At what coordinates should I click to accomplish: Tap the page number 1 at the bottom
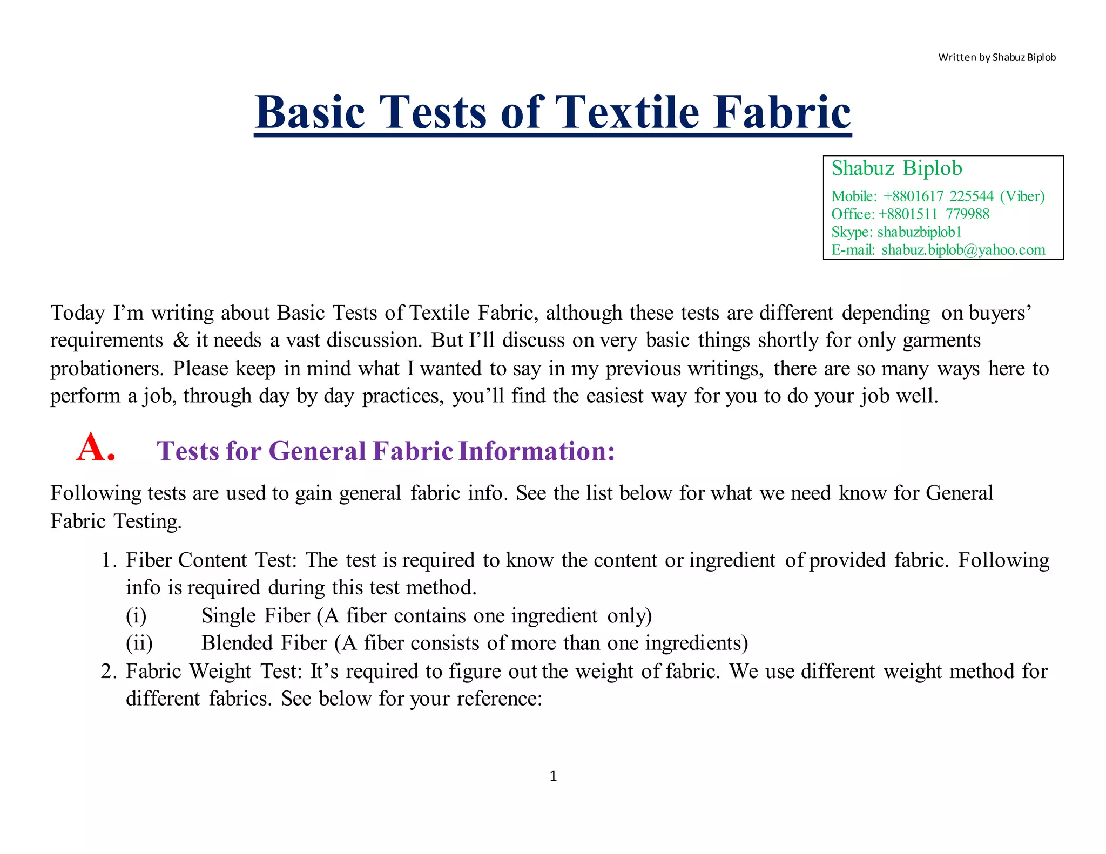(x=553, y=776)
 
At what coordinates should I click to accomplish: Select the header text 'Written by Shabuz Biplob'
(x=996, y=57)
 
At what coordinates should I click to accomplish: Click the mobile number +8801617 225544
(x=938, y=196)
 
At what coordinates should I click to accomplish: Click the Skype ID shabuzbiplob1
(x=919, y=232)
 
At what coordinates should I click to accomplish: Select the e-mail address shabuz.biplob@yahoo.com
(x=963, y=250)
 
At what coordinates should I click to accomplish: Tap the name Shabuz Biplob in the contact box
(x=896, y=168)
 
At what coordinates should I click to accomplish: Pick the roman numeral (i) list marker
(x=136, y=616)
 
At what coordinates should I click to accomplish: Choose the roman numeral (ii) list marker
(x=139, y=643)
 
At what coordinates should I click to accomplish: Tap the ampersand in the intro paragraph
(x=181, y=341)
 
